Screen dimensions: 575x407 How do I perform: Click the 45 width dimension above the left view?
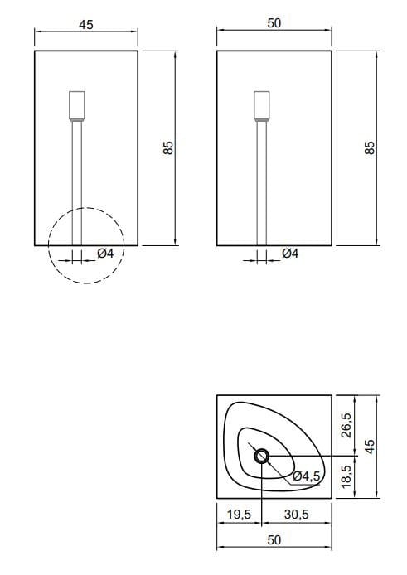tap(85, 24)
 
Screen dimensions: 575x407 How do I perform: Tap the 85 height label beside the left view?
tap(168, 147)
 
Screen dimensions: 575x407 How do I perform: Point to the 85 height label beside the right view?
tap(371, 147)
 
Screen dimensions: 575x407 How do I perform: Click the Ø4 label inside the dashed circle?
tap(105, 254)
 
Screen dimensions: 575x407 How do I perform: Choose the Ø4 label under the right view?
tap(290, 254)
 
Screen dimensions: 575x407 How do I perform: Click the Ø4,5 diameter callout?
tap(307, 476)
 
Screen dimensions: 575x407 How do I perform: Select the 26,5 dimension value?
tap(346, 425)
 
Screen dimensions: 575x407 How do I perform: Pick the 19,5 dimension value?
tap(239, 515)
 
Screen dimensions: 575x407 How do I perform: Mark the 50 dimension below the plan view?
tap(274, 539)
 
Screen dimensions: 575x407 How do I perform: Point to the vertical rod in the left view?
tap(77, 182)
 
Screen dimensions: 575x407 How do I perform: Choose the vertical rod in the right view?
tap(262, 182)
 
